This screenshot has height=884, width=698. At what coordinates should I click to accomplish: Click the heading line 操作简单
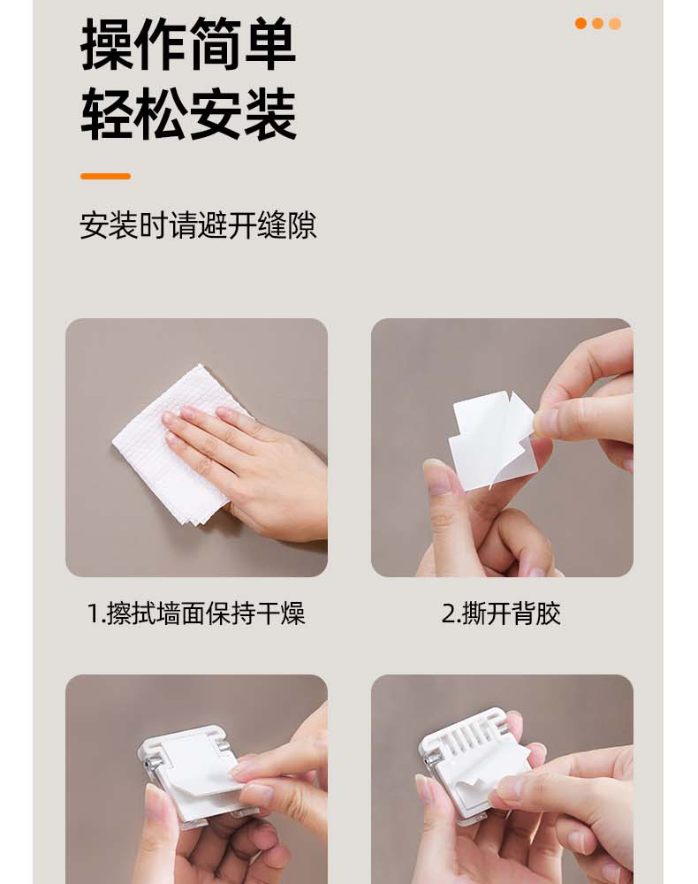[188, 43]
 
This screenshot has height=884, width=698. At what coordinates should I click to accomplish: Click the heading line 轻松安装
[188, 115]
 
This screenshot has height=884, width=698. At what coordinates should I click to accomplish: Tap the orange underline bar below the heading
[105, 177]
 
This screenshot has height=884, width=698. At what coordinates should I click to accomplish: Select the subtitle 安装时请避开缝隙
[198, 225]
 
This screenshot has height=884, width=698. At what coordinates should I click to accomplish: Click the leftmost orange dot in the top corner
[580, 23]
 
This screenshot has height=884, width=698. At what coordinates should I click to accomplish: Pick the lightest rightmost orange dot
[615, 23]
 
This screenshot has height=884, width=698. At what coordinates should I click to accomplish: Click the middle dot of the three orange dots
[598, 23]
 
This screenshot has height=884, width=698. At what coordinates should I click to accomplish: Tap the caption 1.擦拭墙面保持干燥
[196, 613]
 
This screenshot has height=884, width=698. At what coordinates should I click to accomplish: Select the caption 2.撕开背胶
[501, 613]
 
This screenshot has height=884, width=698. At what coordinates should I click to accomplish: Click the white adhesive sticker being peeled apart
[491, 439]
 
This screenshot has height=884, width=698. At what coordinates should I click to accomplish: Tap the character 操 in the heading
[107, 43]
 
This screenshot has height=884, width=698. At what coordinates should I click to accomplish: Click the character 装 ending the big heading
[269, 115]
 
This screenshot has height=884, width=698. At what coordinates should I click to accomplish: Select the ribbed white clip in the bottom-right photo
[474, 761]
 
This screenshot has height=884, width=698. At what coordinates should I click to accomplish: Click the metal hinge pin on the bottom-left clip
[148, 765]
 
